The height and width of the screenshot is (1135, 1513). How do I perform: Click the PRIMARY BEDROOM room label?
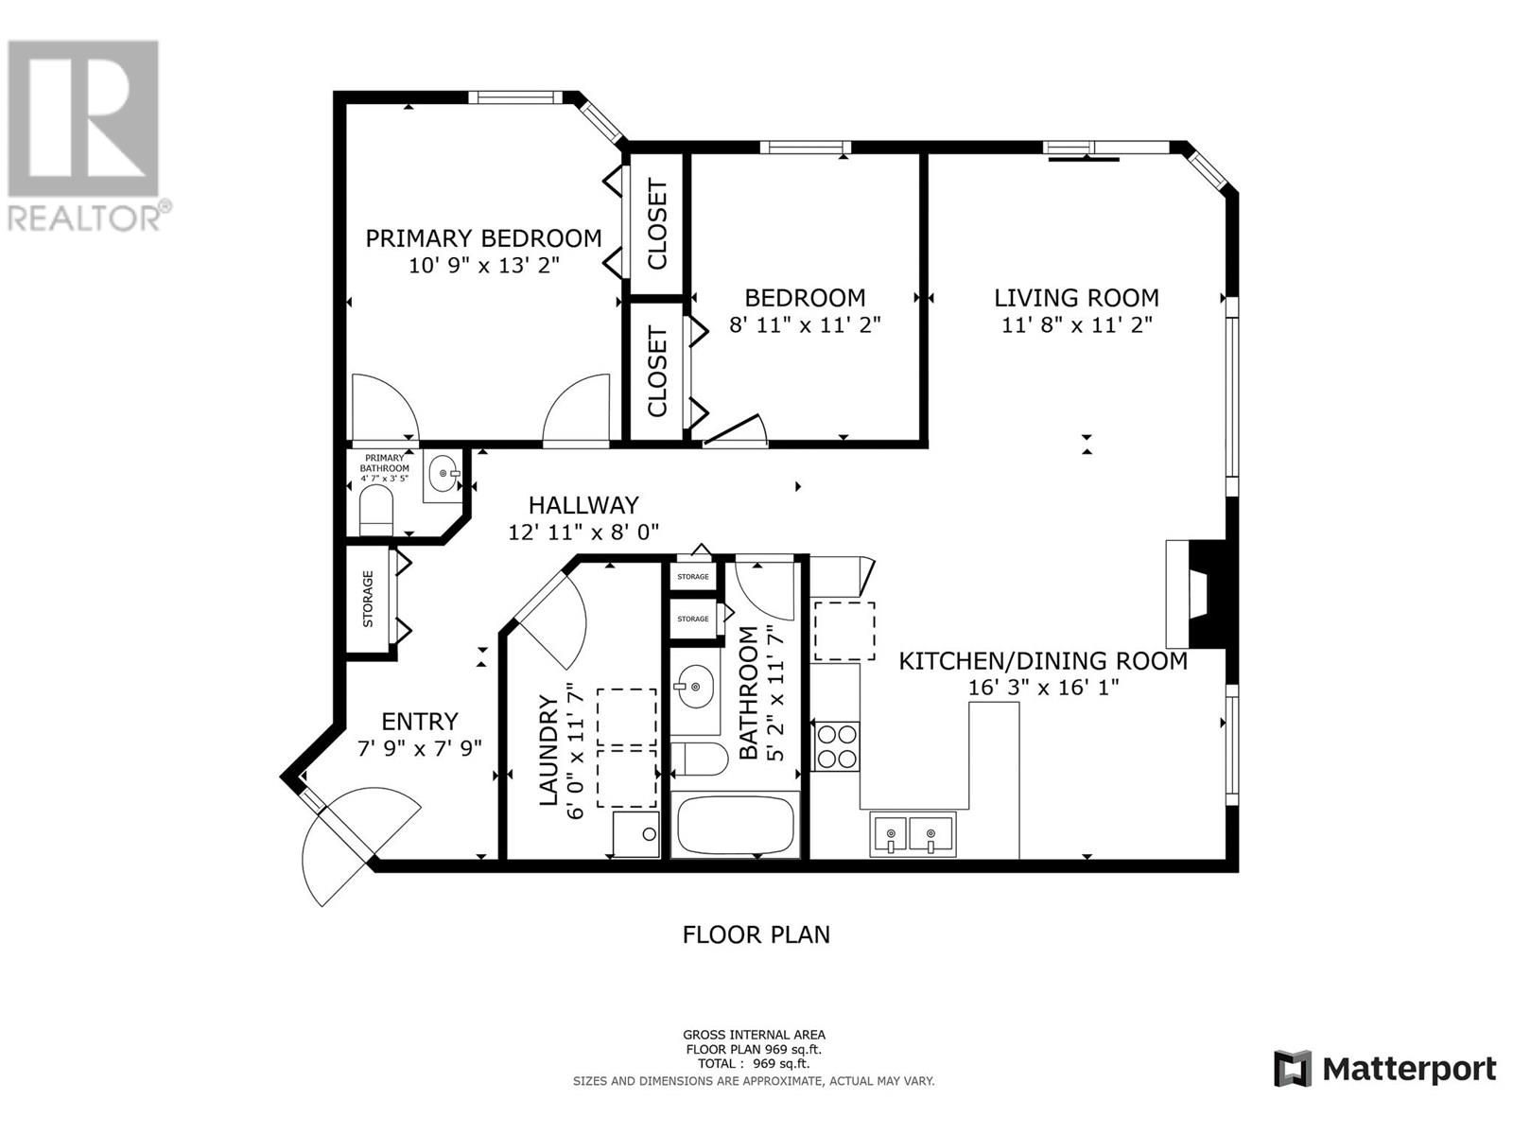click(483, 238)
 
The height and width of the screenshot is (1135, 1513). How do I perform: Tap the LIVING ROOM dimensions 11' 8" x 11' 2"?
click(1076, 324)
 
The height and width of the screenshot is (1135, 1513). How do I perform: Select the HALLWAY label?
click(583, 505)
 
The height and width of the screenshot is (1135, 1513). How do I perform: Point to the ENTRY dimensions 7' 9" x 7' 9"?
click(419, 748)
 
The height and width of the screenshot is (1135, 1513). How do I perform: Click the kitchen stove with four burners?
click(836, 746)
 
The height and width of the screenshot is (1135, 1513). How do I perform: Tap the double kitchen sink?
click(912, 834)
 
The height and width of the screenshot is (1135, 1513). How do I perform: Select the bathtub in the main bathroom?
click(736, 825)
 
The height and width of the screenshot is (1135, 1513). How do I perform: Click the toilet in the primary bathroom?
click(376, 510)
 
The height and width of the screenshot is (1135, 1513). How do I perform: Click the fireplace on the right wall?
click(1196, 593)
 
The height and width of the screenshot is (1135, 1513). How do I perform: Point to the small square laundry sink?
click(635, 834)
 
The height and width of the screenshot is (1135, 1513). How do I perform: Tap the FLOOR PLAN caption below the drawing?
click(756, 935)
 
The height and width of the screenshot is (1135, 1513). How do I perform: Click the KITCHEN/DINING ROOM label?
click(1043, 661)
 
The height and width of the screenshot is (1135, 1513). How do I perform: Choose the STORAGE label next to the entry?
click(368, 599)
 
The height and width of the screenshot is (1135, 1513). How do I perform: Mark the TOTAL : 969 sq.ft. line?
click(754, 1063)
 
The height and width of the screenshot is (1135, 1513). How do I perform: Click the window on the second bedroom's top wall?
click(805, 147)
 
